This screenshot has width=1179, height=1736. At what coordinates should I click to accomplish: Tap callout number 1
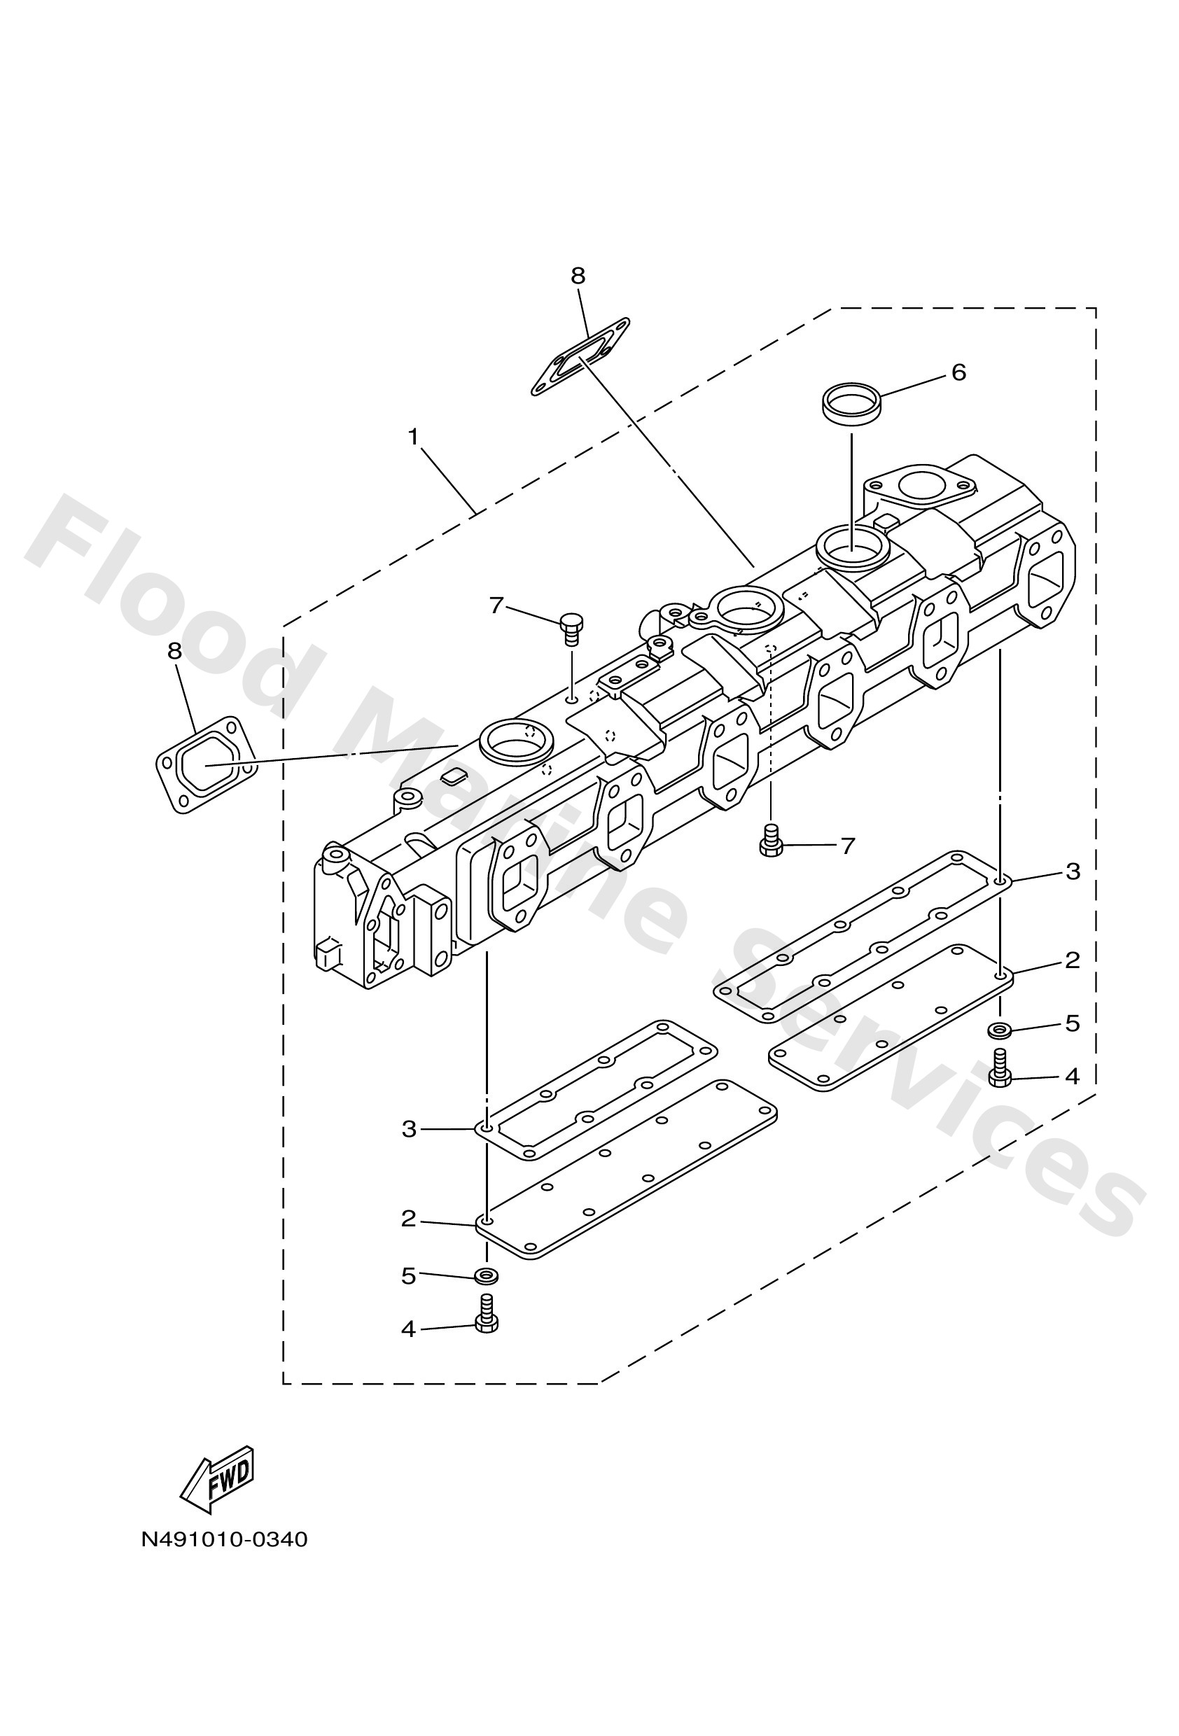pos(413,437)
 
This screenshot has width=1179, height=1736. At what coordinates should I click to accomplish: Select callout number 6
pos(958,372)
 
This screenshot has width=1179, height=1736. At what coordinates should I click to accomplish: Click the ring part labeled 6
pos(851,404)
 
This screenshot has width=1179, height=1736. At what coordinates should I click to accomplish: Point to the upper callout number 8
pos(578,276)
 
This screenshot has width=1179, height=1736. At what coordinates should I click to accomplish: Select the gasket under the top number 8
pos(580,357)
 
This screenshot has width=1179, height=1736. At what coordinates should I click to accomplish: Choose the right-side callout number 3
pos(1072,871)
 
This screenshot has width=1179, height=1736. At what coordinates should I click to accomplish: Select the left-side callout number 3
pos(409,1128)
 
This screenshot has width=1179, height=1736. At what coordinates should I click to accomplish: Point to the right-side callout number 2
pos(1072,960)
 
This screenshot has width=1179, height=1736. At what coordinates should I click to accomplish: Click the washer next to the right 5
pos(999,1031)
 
